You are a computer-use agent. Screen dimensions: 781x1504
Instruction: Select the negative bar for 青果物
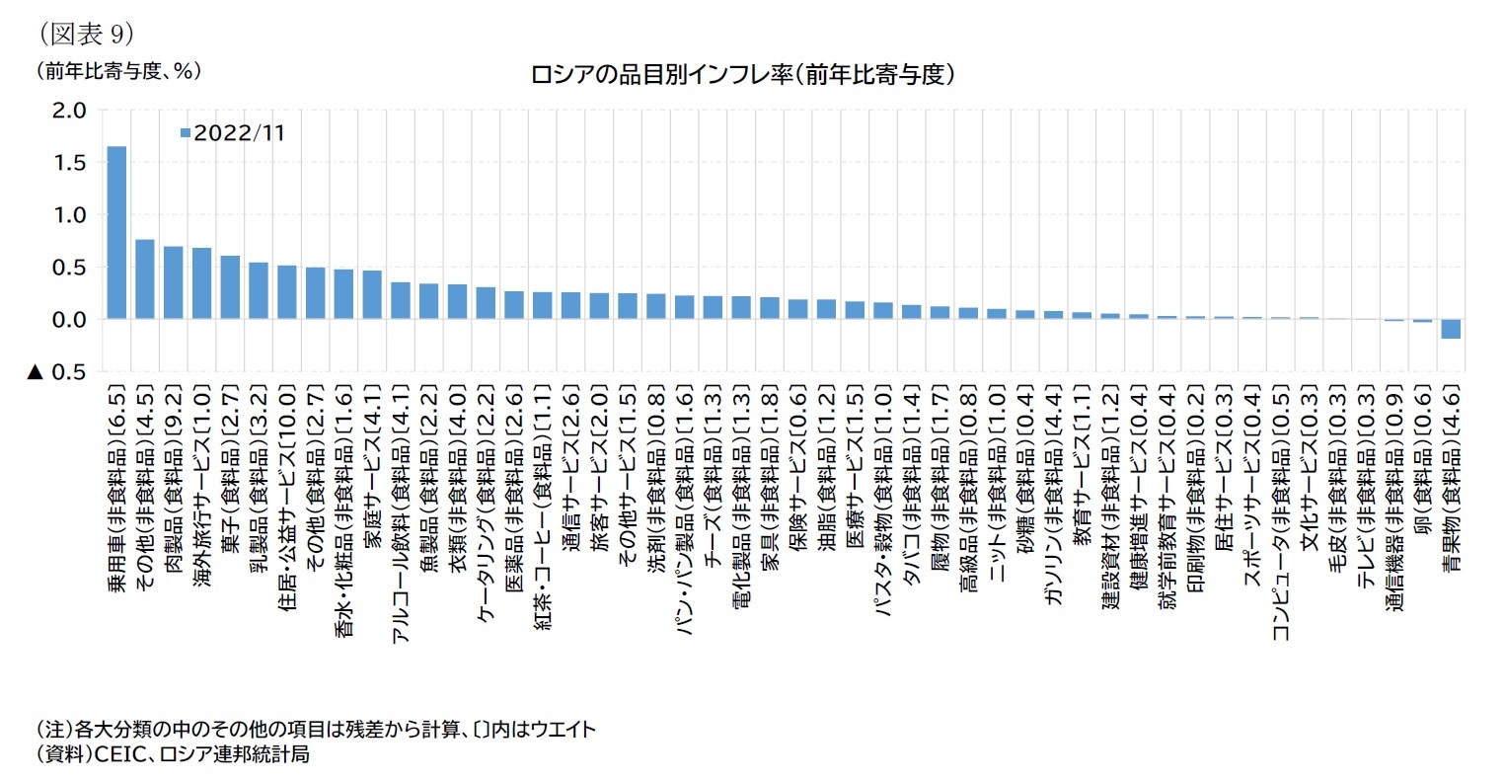1450,329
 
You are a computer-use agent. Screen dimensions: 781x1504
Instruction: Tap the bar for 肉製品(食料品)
173,282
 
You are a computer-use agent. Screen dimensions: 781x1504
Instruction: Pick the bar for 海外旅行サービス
201,283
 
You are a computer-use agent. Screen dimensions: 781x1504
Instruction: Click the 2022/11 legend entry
233,132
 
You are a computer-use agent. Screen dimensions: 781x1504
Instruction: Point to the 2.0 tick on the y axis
70,110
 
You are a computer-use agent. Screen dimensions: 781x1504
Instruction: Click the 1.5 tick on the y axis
70,162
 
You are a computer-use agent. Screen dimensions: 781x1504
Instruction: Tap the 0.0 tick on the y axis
70,320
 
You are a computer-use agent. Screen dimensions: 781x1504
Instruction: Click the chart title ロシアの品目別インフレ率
742,75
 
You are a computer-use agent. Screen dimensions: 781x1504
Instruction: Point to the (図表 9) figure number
86,34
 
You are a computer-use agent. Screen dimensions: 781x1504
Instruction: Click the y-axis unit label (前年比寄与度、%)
118,71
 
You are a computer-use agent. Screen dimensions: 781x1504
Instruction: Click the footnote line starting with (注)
316,730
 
